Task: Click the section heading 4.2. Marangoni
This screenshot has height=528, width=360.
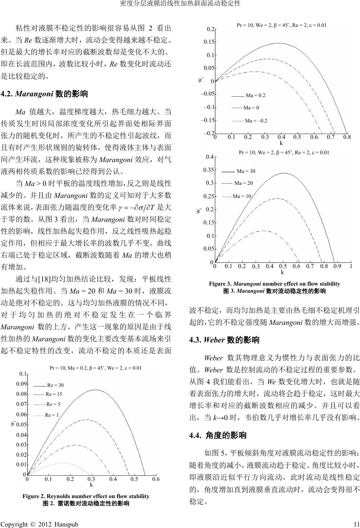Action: coord(45,94)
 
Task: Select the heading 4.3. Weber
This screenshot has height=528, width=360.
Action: coord(224,340)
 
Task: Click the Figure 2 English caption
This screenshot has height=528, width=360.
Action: coord(86,496)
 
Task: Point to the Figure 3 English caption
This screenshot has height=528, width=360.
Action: coord(274,284)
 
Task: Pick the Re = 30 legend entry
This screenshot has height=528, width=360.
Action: coord(48,385)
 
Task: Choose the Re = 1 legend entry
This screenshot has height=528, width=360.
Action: coord(46,415)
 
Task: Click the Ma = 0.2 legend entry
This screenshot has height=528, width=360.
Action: coord(248,95)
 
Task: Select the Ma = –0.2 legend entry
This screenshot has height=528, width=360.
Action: coord(249,121)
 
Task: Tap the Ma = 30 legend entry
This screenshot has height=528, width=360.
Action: coord(238,171)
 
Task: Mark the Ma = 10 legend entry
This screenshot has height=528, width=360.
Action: coord(237,196)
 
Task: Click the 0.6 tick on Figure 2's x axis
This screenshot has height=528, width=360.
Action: coord(156,479)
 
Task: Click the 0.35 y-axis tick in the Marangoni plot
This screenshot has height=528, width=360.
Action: coord(208,170)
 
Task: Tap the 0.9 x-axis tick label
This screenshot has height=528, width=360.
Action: coord(337,266)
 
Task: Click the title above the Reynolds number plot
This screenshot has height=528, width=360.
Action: coord(96,368)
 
